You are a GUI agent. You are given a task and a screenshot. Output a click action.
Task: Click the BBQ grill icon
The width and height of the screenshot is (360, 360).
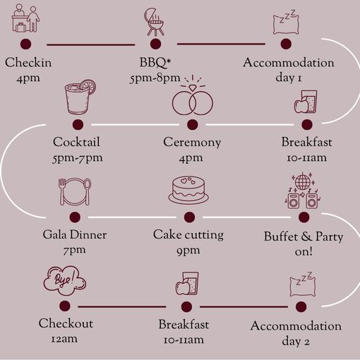(x=154, y=22)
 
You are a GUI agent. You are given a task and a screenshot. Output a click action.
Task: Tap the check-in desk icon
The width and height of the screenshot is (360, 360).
(x=25, y=18)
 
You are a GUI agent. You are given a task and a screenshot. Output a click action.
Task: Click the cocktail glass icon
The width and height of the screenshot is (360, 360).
(x=80, y=97)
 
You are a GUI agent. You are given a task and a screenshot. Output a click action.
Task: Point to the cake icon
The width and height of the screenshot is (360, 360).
(x=188, y=190)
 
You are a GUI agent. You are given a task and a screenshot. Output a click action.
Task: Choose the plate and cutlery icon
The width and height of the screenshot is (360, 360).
(x=75, y=192)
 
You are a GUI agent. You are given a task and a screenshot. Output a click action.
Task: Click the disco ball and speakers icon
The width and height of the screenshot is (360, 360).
(x=302, y=191)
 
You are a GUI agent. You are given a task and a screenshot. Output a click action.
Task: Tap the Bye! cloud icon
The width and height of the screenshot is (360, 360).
(x=65, y=280)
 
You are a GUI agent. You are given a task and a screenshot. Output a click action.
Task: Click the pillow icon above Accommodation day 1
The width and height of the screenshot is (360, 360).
(x=286, y=23)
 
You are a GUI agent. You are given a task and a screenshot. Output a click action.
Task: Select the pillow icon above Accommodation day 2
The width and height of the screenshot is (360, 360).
(x=302, y=284)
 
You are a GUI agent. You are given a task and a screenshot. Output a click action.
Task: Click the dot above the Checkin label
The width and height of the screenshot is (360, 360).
(x=25, y=44)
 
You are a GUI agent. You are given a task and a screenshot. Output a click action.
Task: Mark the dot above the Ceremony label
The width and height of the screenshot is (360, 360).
(x=193, y=124)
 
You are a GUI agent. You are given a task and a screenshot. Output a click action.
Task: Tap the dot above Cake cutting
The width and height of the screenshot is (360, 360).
(x=189, y=217)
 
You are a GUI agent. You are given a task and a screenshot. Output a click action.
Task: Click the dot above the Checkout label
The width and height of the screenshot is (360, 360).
(x=65, y=306)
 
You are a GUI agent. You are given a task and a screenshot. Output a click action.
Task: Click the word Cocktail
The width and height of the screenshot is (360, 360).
(x=76, y=142)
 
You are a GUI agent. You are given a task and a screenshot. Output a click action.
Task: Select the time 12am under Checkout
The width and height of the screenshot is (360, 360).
(x=64, y=339)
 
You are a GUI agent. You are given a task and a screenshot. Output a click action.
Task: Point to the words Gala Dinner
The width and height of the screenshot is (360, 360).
(x=75, y=235)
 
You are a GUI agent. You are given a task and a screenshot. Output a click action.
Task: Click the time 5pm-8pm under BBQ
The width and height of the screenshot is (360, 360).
(x=155, y=78)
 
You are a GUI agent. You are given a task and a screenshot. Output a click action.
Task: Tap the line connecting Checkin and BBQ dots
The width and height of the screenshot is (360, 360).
(x=91, y=44)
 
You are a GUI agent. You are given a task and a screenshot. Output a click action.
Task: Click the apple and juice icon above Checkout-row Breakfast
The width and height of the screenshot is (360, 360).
(x=187, y=284)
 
